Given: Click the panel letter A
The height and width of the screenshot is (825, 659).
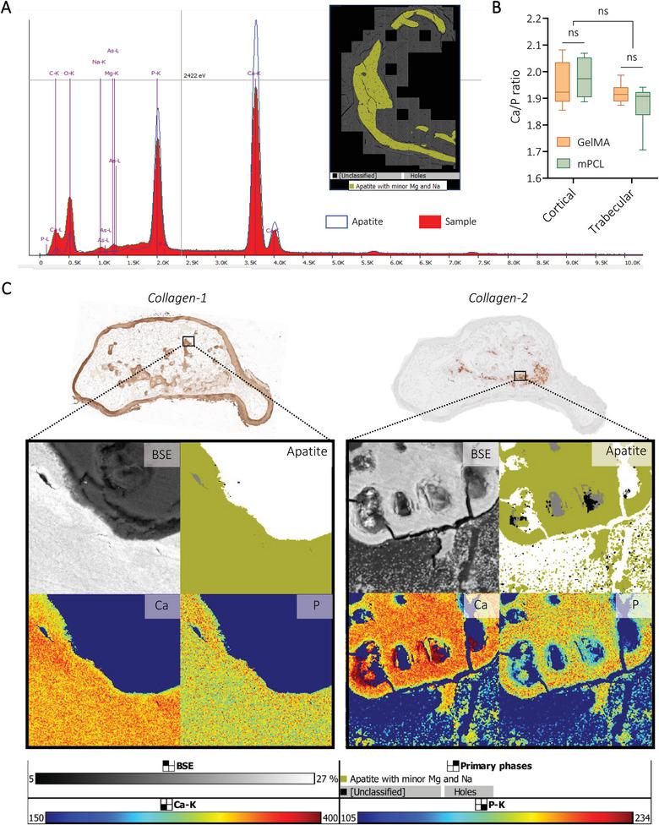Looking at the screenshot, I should coord(8,8).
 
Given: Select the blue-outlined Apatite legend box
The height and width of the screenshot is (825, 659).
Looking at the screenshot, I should coord(337,222).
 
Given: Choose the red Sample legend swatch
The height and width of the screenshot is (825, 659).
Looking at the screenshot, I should coord(432,221).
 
